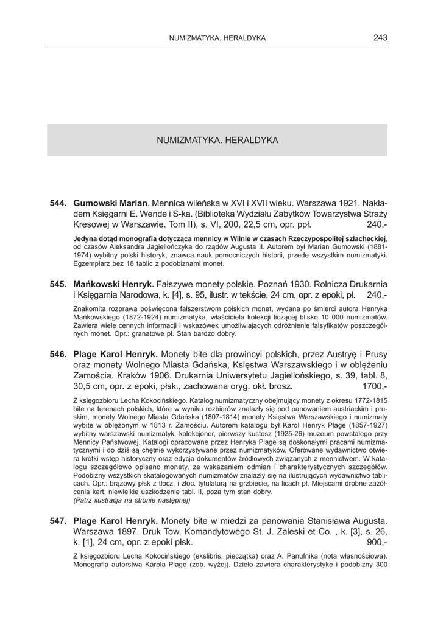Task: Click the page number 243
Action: coord(380,38)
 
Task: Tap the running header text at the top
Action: coord(217,38)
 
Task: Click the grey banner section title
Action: coord(217,140)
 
